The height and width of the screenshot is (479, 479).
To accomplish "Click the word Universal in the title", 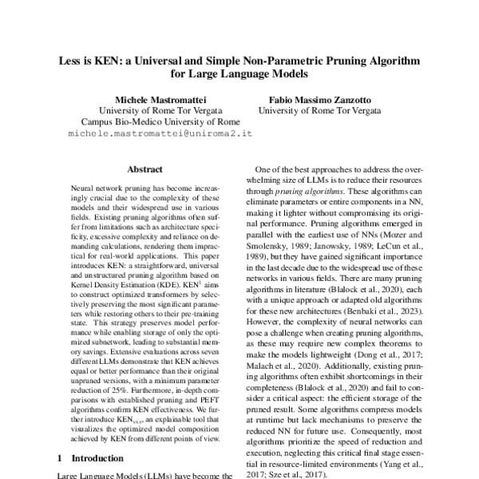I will point(171,61).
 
